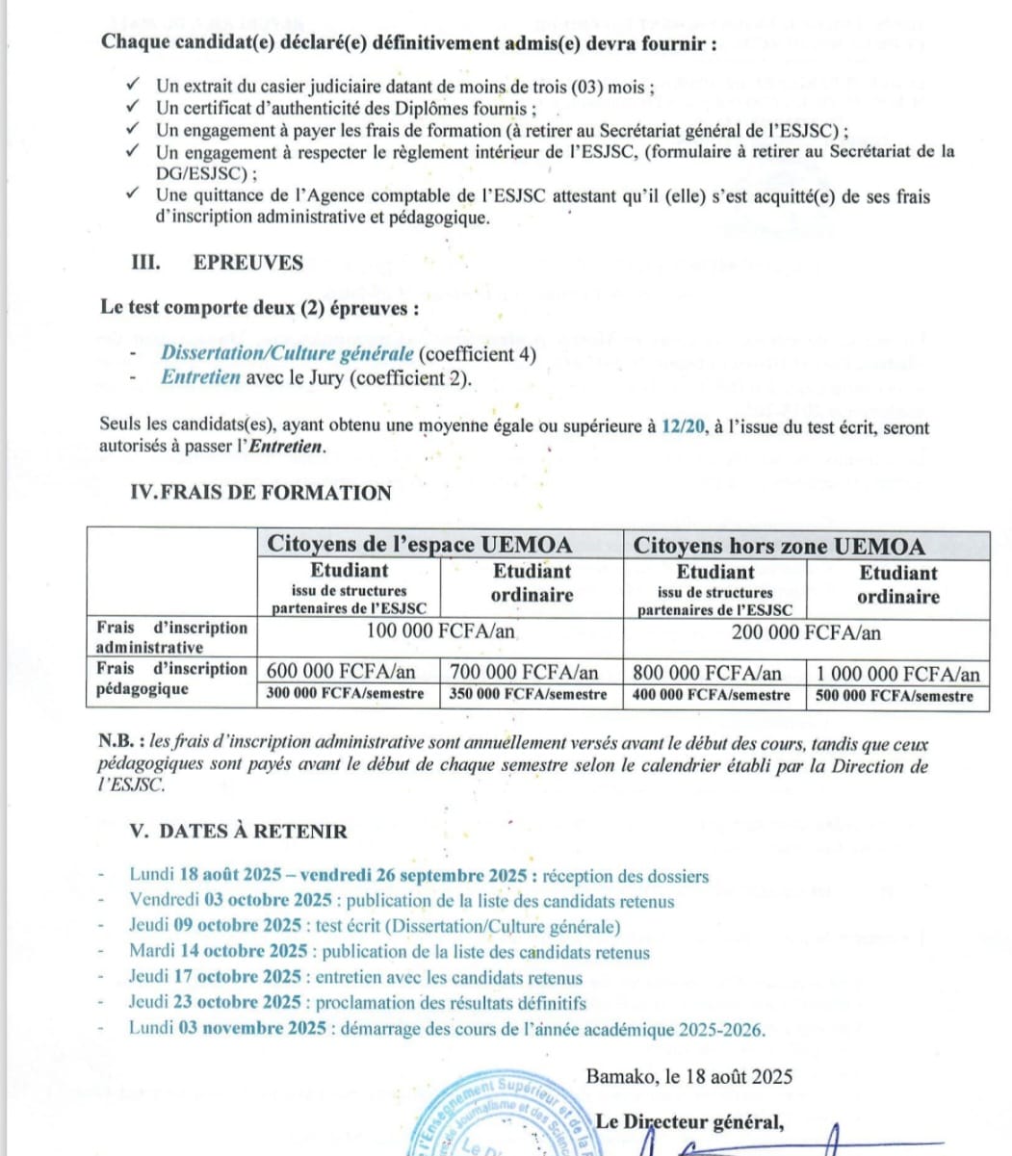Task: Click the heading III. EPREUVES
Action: click(x=217, y=263)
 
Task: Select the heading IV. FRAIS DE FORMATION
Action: click(x=260, y=493)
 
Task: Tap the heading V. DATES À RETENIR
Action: click(x=238, y=831)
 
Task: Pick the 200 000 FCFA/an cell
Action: click(x=806, y=632)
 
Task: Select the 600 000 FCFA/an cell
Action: click(x=342, y=672)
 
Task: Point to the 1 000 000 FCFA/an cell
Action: click(x=897, y=674)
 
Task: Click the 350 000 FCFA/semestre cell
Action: click(x=528, y=695)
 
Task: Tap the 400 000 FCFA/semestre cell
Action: click(x=712, y=695)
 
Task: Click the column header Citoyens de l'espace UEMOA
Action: click(x=419, y=544)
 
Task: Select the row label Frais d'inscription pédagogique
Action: click(x=171, y=679)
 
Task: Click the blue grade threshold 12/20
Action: click(x=684, y=426)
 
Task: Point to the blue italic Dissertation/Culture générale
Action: click(x=287, y=353)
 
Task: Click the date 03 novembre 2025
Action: click(x=252, y=1028)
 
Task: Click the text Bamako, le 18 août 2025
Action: click(x=688, y=1076)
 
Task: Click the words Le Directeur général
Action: click(x=689, y=1121)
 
